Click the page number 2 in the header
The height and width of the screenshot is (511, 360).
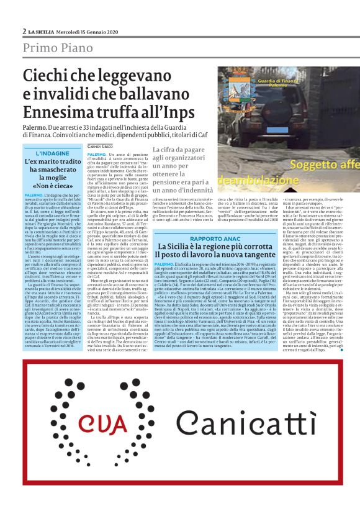[24, 31]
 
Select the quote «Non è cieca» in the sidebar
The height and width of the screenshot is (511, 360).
[53, 185]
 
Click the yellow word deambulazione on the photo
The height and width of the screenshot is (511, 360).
[248, 181]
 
